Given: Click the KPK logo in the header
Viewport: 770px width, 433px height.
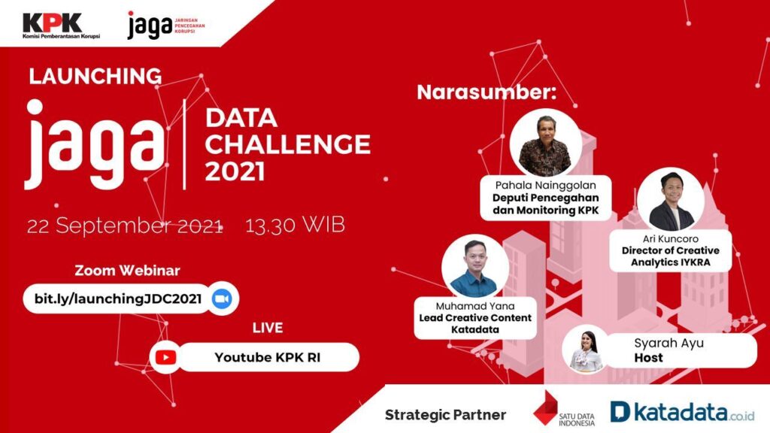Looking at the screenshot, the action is pyautogui.click(x=61, y=26).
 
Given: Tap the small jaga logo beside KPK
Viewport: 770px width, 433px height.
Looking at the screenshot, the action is pyautogui.click(x=166, y=25).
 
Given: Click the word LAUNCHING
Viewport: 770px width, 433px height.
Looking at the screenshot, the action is pyautogui.click(x=95, y=76).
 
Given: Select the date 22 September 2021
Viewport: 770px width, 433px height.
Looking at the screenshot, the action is pyautogui.click(x=125, y=226).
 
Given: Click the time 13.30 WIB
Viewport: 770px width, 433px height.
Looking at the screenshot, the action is pyautogui.click(x=295, y=226).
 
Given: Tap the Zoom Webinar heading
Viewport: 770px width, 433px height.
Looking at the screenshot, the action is pyautogui.click(x=127, y=271).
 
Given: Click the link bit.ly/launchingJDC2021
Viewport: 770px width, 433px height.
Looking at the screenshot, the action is pyautogui.click(x=118, y=299).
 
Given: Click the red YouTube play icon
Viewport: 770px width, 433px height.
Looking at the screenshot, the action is pyautogui.click(x=165, y=357).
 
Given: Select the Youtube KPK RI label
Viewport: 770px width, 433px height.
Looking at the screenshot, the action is pyautogui.click(x=268, y=357).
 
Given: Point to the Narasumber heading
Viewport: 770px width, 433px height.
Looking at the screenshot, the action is pyautogui.click(x=487, y=92).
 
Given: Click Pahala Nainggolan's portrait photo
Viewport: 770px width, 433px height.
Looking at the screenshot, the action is pyautogui.click(x=546, y=143).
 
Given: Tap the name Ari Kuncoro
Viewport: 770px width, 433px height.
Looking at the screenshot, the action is pyautogui.click(x=670, y=239).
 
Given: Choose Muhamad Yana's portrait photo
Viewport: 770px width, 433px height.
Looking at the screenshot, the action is pyautogui.click(x=475, y=268).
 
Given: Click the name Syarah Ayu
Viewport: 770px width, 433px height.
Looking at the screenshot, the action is pyautogui.click(x=668, y=343).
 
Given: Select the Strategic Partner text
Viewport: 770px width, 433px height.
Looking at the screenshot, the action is pyautogui.click(x=445, y=415).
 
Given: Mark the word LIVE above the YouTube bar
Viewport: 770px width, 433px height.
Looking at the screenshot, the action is pyautogui.click(x=268, y=328).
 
